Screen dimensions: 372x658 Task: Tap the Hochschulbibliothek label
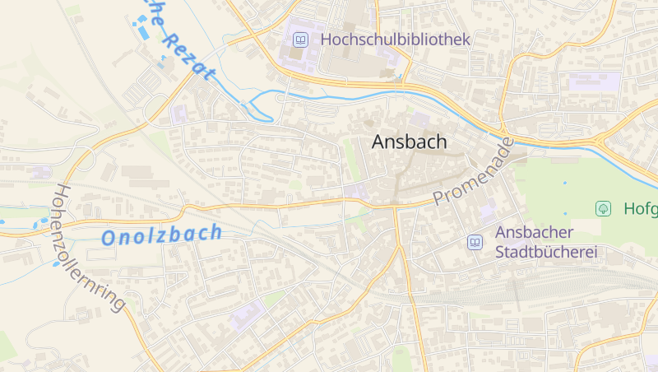click(x=395, y=39)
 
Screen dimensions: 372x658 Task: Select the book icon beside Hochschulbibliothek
click(x=302, y=39)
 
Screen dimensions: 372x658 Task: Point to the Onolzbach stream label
click(x=161, y=235)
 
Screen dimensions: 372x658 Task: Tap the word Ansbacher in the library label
click(x=535, y=233)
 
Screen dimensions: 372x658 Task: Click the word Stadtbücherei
click(x=545, y=253)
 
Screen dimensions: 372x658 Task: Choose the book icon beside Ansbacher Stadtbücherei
click(x=475, y=242)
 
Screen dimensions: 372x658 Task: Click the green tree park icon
click(x=603, y=208)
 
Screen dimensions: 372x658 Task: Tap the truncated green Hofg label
click(x=640, y=208)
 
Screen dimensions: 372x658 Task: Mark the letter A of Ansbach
click(x=379, y=142)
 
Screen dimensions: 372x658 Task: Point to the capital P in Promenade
click(x=439, y=198)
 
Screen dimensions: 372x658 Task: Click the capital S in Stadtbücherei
click(x=500, y=253)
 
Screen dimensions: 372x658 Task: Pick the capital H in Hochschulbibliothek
click(x=327, y=39)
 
